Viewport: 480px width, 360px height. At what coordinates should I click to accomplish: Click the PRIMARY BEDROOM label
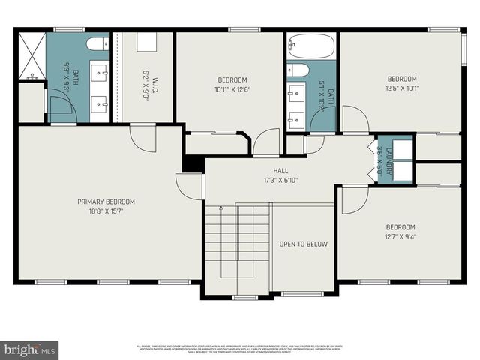[106, 202]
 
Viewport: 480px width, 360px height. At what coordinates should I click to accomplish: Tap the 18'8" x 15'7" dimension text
[106, 212]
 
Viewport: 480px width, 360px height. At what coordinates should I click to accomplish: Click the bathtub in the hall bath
[311, 47]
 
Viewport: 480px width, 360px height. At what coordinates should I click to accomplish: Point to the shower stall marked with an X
[31, 55]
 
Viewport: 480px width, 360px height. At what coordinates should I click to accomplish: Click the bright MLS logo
[30, 349]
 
